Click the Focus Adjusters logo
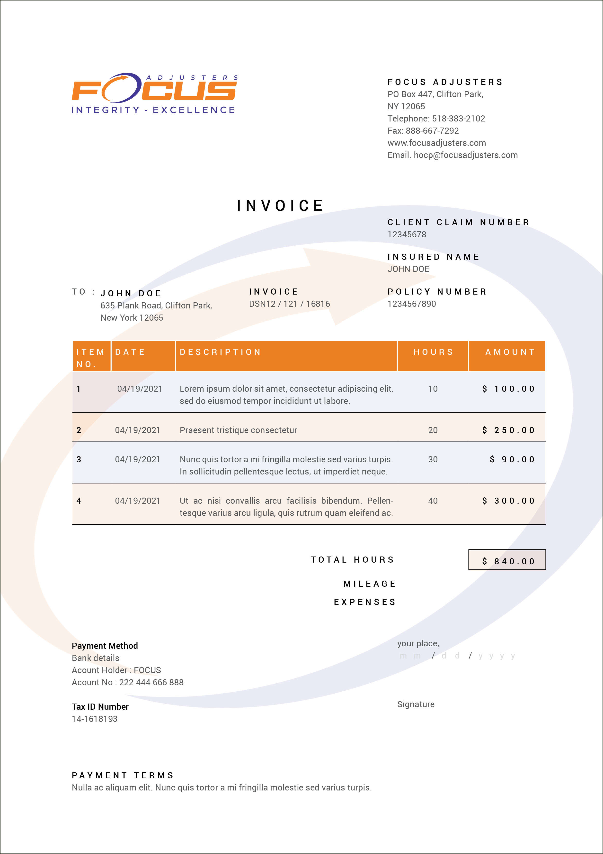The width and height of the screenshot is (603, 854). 154,93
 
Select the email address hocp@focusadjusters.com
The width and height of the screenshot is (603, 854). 466,155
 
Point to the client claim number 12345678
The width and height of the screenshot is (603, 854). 407,235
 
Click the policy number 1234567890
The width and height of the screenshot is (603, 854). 411,304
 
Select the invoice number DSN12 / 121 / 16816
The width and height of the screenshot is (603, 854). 289,304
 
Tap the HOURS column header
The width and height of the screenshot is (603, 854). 433,352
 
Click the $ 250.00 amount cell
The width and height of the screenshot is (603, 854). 508,430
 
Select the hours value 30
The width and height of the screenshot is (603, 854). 433,460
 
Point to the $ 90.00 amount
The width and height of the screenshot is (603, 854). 512,460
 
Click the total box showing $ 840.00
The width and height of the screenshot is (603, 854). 507,560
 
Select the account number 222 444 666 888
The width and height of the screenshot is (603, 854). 151,683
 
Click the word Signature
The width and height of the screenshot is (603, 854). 416,705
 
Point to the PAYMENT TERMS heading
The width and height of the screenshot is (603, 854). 123,776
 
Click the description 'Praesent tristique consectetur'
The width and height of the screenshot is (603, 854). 238,430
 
